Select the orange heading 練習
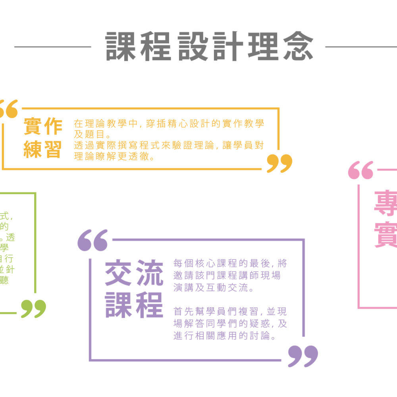coord(43,149)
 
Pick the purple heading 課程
coord(134,305)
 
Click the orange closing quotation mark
coord(279,163)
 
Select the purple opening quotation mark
coord(93,240)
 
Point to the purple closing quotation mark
coord(303,356)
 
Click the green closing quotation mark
coord(33,308)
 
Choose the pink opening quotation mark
coord(361,170)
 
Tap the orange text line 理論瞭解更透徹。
coord(114,156)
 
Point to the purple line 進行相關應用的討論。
coord(225,336)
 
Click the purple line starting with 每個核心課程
coord(230,263)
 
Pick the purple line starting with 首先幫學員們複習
coord(230,311)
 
